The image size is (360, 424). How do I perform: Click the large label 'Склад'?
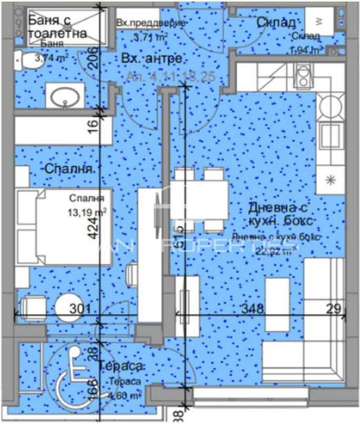coord(276,22)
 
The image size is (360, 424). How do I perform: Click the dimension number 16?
coord(92,126)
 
